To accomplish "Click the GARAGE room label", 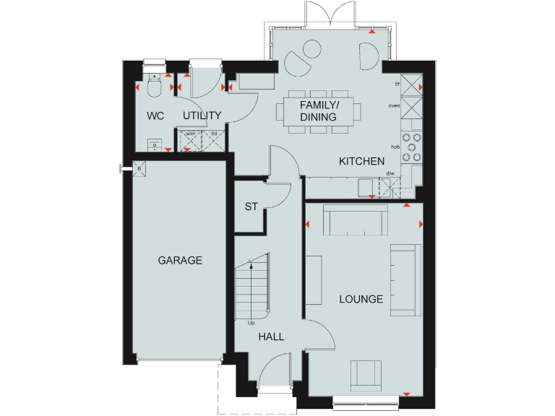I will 180,261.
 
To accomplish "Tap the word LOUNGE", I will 361,299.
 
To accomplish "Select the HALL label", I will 271,337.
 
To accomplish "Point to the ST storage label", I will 251,207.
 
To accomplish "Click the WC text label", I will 155,116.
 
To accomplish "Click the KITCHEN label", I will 361,162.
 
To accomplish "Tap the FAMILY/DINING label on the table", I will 319,111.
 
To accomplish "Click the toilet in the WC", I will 153,87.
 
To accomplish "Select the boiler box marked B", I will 139,170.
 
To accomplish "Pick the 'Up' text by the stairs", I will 251,323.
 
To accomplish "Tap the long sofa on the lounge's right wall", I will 405,279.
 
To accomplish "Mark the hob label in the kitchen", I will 395,147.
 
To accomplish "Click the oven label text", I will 394,105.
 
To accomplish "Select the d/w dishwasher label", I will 390,173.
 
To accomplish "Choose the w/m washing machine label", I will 190,134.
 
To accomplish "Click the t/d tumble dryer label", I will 214,134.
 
